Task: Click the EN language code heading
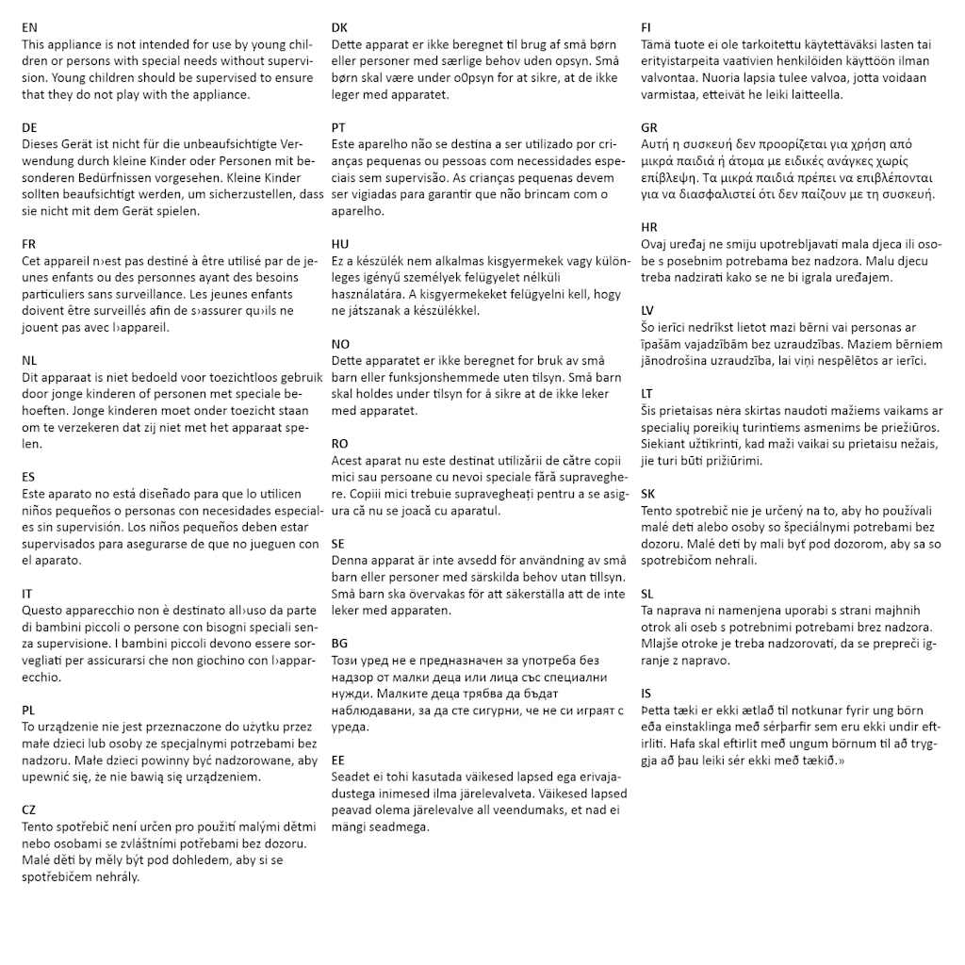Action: (29, 28)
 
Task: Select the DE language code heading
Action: (29, 127)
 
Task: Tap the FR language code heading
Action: (29, 243)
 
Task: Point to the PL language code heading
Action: (29, 710)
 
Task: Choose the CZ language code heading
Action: (29, 810)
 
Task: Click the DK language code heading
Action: (339, 28)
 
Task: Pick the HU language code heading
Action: (340, 243)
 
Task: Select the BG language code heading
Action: (339, 643)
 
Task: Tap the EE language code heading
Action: (338, 760)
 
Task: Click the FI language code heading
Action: (646, 28)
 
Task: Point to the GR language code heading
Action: (649, 127)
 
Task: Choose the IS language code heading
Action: (646, 693)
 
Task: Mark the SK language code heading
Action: (648, 493)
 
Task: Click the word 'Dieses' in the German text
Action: (40, 144)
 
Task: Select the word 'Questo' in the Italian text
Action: (42, 610)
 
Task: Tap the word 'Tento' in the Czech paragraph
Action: (38, 826)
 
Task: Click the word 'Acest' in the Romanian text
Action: (348, 461)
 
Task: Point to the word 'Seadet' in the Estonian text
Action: (351, 777)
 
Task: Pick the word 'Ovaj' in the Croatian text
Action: (654, 244)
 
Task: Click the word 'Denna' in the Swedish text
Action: (351, 561)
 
